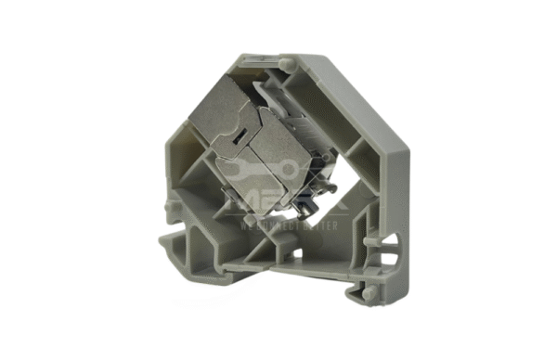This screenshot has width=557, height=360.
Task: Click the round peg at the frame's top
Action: coord(290,63)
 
